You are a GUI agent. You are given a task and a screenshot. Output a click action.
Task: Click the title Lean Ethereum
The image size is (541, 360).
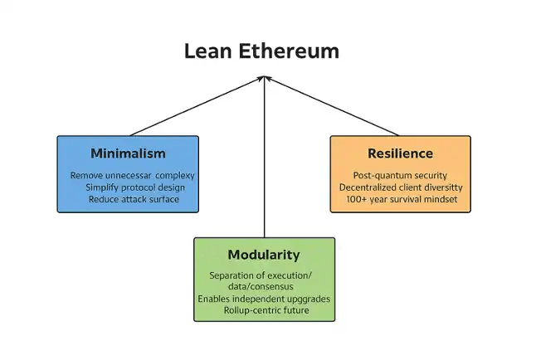(x=261, y=51)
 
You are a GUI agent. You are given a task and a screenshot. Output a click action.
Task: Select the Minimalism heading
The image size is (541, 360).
(x=128, y=153)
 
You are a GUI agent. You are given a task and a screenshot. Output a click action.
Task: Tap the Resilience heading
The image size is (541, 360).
(x=400, y=153)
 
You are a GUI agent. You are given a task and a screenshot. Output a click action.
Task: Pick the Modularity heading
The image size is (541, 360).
(x=264, y=255)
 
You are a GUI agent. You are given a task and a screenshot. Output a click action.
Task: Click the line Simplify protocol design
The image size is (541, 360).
(x=135, y=187)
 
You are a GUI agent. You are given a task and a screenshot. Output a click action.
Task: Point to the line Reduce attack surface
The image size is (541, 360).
(x=134, y=199)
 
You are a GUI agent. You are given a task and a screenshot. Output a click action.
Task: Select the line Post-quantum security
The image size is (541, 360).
(x=400, y=176)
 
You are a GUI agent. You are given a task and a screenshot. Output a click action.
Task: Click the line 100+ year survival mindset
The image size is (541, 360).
(x=402, y=199)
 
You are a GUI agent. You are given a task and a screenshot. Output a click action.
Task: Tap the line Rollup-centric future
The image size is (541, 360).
(x=266, y=310)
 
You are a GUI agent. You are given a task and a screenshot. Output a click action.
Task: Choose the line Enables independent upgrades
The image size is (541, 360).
(x=264, y=299)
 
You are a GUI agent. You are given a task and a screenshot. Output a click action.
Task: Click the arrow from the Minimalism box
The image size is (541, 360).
(x=197, y=106)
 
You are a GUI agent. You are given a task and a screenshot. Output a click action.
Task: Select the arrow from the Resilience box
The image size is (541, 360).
(x=332, y=106)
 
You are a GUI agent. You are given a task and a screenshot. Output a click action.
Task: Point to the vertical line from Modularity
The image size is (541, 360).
(x=265, y=158)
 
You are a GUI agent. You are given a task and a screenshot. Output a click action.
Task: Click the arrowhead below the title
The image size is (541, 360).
(x=265, y=79)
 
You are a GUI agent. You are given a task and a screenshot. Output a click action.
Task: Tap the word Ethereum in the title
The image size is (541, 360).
(x=289, y=51)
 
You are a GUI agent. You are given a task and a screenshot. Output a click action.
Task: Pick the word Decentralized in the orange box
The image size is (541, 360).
(x=368, y=187)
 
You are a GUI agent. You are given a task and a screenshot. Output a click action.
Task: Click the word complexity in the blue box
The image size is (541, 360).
(x=175, y=176)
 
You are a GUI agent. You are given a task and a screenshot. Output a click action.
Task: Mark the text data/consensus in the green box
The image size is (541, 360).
(x=261, y=286)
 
